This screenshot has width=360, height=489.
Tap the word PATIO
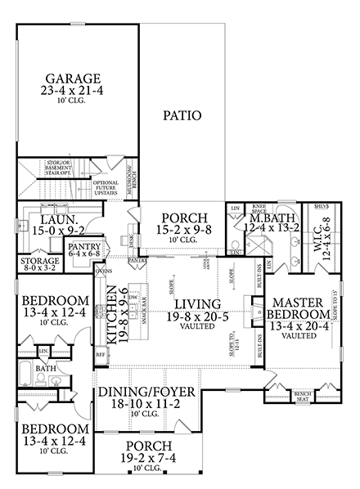[x=182, y=115]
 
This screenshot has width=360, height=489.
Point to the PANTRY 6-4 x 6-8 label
[x=83, y=249]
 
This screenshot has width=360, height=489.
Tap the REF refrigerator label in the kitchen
[x=101, y=357]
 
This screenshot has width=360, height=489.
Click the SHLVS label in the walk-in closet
[x=322, y=206]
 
